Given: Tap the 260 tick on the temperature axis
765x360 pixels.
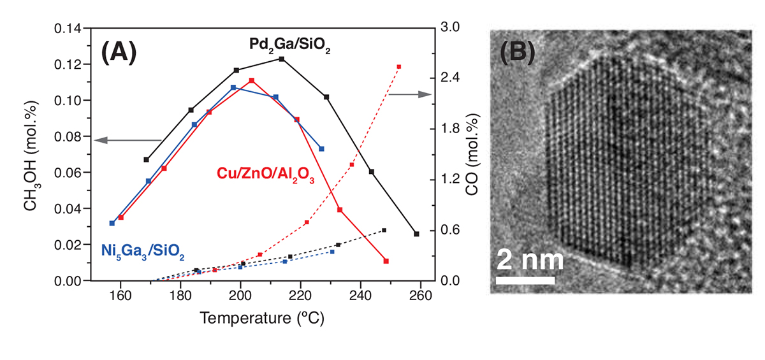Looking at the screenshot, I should click(x=420, y=294).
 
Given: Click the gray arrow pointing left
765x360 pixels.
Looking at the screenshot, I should click(x=127, y=140).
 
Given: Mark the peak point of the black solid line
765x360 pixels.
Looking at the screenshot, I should click(x=282, y=59).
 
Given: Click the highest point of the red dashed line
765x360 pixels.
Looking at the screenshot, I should click(x=399, y=66).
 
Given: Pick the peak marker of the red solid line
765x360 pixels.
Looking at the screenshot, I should click(x=252, y=80).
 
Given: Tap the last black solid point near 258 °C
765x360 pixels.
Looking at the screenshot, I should click(x=417, y=234).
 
